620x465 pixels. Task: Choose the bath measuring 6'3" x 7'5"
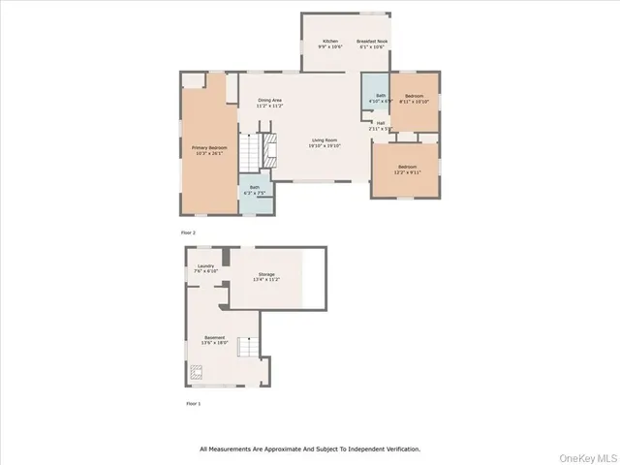255,190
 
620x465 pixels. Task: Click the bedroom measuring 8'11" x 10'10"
415,98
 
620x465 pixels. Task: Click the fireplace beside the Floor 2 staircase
272,152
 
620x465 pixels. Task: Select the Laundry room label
205,268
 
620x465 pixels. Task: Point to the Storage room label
265,277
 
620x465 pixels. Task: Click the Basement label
214,340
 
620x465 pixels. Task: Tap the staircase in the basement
250,346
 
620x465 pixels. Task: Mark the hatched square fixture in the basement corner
197,370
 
